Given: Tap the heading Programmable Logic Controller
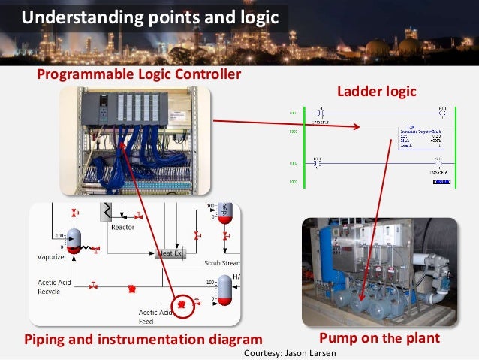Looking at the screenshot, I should [140, 74].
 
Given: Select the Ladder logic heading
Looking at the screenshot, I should [377, 91].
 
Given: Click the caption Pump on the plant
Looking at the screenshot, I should [379, 338].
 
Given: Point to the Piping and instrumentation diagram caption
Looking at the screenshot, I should [143, 338].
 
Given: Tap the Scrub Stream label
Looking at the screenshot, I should [222, 263].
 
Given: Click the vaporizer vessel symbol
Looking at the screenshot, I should [74, 238].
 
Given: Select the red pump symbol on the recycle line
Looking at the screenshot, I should [131, 288].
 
